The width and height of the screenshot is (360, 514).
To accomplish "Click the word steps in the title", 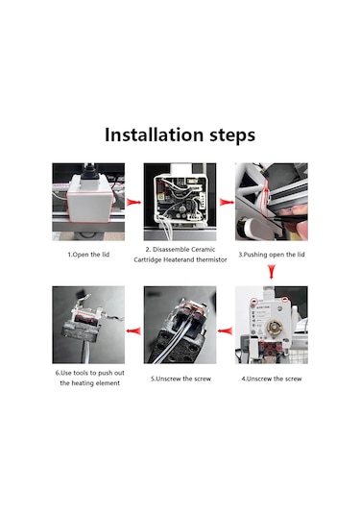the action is [x=232, y=135].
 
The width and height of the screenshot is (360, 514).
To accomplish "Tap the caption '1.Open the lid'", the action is [x=88, y=255].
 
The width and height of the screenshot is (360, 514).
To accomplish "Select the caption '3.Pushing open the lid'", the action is [x=272, y=255].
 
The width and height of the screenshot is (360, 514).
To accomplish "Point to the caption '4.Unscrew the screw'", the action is [x=272, y=379].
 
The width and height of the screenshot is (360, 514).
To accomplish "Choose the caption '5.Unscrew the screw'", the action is [x=180, y=379].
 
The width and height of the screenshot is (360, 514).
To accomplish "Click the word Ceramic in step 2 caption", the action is [x=204, y=250].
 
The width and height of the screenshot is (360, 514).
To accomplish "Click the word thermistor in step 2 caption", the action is [x=211, y=259].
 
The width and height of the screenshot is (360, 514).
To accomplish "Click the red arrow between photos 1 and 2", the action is [x=134, y=202].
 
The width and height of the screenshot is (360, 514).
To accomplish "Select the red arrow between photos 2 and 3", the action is [x=227, y=203].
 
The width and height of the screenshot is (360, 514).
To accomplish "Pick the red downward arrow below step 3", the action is [x=272, y=272].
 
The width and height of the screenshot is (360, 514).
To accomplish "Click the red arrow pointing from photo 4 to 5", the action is [x=226, y=330].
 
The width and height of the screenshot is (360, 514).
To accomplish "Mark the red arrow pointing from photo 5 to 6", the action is [x=133, y=330].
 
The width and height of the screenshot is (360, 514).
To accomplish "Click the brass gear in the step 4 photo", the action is [x=275, y=328].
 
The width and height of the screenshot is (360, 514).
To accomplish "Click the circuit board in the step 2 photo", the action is [x=180, y=198].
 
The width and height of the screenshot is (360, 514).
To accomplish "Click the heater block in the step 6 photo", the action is [x=81, y=331].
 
